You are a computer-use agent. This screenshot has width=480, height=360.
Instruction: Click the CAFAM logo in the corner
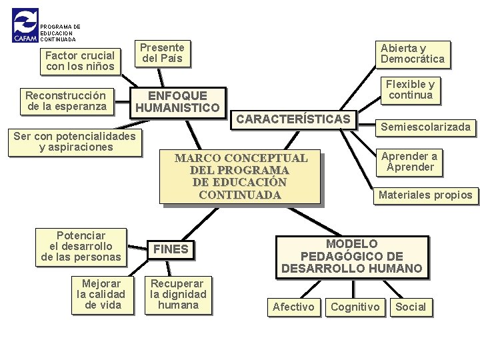[25, 26]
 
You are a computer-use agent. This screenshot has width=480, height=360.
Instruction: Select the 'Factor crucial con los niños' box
[80, 61]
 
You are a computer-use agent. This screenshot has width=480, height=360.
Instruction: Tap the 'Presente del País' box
[162, 53]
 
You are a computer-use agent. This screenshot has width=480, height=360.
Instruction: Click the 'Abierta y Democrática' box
[412, 53]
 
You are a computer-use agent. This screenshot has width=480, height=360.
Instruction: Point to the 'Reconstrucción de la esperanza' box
[65, 101]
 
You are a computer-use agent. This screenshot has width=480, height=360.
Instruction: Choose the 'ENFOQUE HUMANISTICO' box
[177, 101]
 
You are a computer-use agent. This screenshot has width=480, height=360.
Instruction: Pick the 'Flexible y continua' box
[410, 89]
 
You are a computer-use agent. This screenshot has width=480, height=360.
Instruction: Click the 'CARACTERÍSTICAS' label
[293, 119]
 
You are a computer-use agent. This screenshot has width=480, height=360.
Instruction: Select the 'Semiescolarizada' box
[425, 127]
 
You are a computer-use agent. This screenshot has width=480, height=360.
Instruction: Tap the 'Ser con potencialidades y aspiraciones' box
[76, 142]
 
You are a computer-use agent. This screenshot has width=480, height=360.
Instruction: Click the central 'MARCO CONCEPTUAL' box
[241, 177]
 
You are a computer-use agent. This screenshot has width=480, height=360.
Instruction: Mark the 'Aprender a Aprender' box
[409, 161]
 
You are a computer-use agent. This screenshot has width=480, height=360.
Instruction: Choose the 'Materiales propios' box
[425, 195]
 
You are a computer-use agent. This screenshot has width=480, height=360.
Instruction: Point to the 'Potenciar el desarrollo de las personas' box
[81, 247]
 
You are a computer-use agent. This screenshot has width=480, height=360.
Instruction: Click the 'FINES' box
[171, 249]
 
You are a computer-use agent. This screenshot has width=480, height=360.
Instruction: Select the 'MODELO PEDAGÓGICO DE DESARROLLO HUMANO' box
[351, 257]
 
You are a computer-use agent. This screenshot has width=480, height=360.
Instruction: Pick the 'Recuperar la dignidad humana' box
[178, 294]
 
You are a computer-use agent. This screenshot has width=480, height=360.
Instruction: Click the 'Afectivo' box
[293, 307]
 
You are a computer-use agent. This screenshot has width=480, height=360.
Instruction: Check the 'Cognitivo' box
[355, 307]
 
